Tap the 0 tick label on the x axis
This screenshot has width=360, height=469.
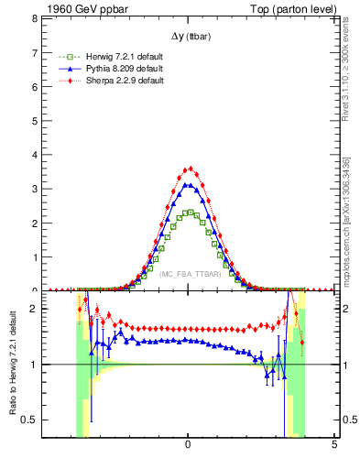point(188,444)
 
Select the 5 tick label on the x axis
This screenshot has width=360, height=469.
point(334,444)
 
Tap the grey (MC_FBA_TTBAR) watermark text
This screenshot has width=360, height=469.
point(189,274)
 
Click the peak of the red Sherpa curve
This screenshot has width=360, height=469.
point(189,169)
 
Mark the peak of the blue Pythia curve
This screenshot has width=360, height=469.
point(188,185)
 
